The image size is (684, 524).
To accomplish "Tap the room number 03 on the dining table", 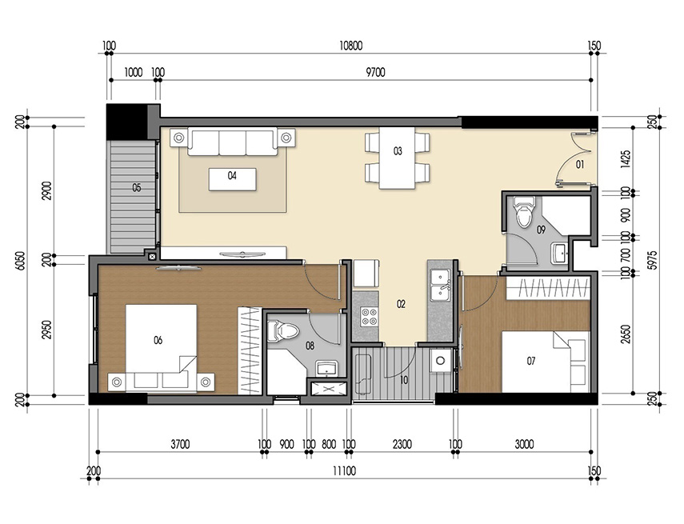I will click(397, 150).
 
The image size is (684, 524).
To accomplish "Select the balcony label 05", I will click(137, 188).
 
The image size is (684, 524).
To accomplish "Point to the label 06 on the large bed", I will click(158, 341).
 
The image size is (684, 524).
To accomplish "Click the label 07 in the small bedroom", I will click(530, 362).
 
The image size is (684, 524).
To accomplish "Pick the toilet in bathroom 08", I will click(286, 330).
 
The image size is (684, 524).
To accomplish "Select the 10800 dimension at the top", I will click(350, 46).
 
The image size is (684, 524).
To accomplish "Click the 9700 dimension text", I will click(375, 72).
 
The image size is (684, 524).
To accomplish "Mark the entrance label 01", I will click(580, 165).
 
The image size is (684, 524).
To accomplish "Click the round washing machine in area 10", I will click(439, 360).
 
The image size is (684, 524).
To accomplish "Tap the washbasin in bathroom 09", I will click(559, 254).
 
